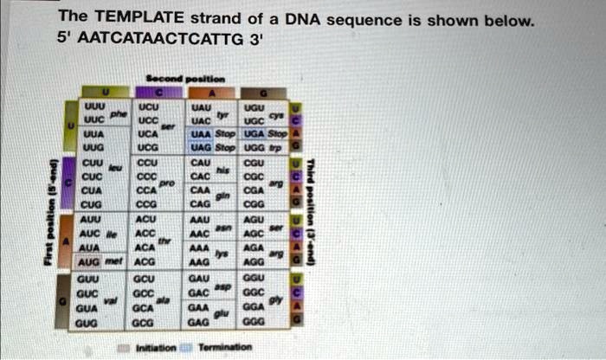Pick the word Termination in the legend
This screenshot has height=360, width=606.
pos(224,347)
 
